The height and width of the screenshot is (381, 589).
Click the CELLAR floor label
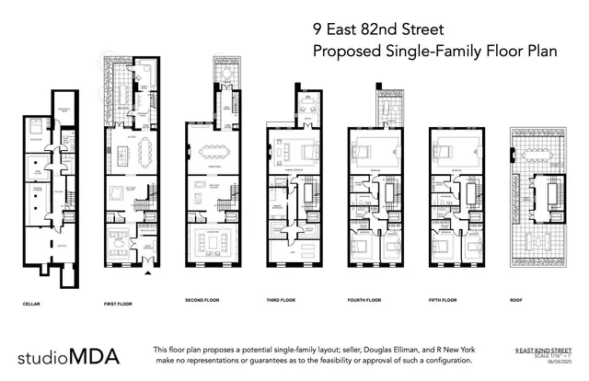(x=32, y=301)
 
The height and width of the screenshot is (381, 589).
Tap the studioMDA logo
(x=70, y=355)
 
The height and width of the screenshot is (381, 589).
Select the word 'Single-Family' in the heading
(x=415, y=52)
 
